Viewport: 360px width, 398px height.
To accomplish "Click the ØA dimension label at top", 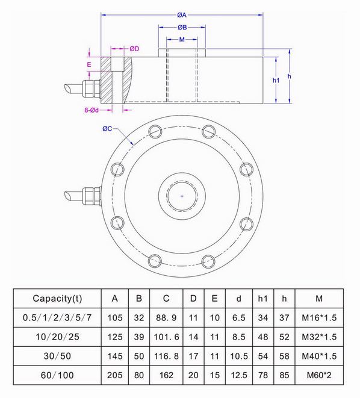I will tap(181, 15).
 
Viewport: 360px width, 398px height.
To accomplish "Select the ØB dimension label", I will tap(181, 28).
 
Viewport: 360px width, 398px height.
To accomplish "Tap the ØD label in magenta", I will tap(134, 49).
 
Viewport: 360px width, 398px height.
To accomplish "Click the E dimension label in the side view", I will tap(89, 63).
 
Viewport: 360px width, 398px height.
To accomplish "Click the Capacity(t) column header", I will tap(58, 298).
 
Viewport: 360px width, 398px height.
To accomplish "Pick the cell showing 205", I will tap(114, 375).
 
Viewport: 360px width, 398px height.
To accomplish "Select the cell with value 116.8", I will tap(166, 355).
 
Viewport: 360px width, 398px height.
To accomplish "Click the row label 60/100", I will tap(58, 375).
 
